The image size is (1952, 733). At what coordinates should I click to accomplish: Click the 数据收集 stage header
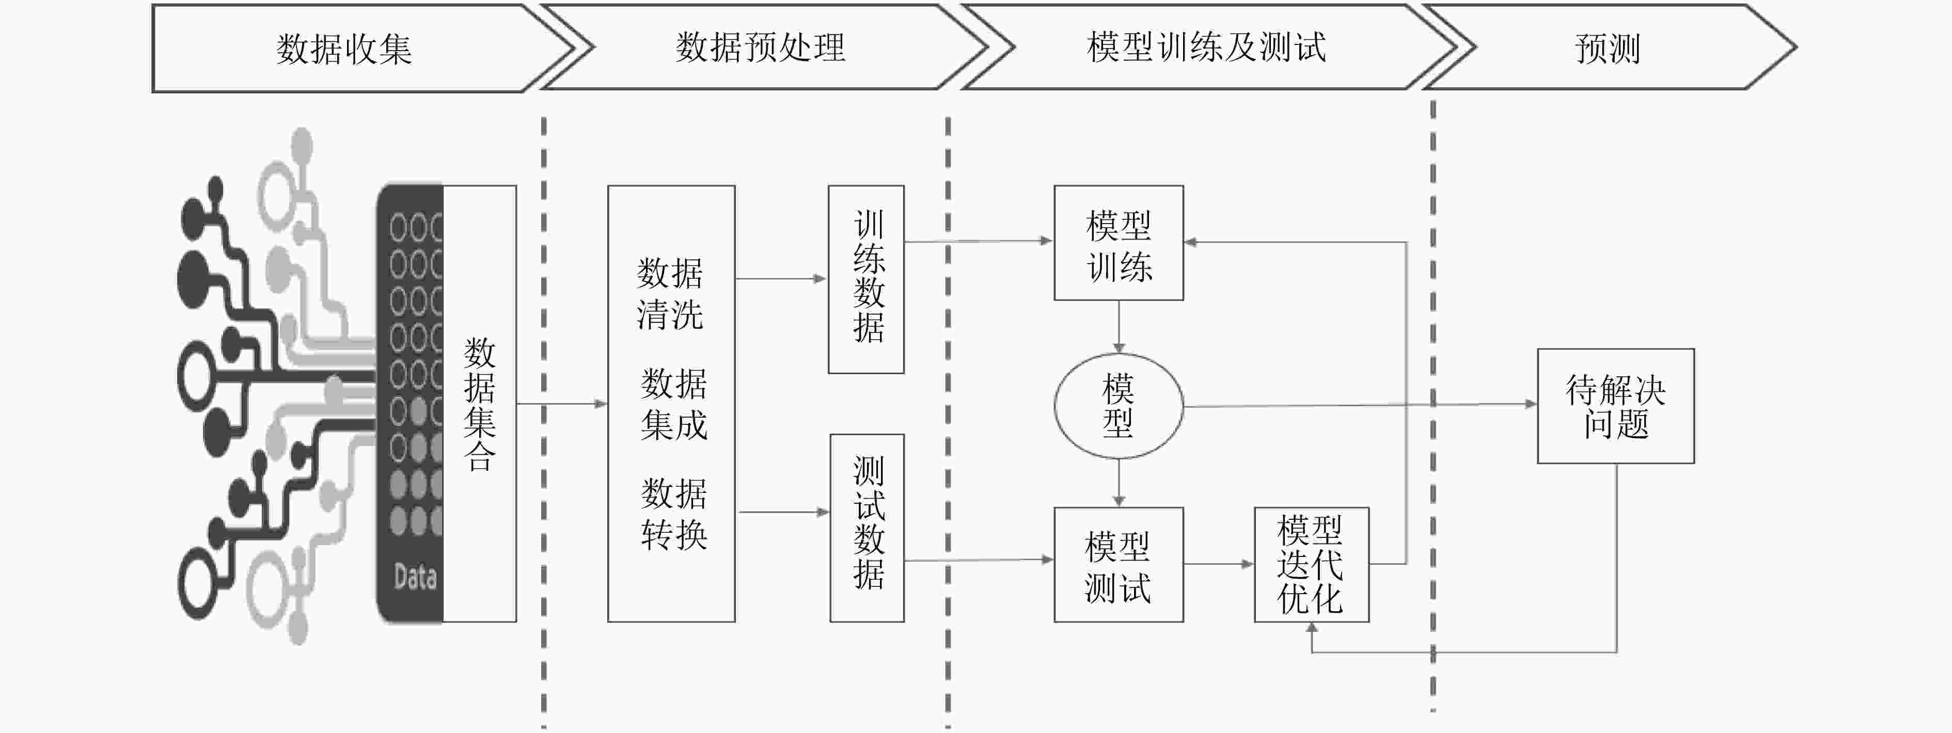(x=345, y=49)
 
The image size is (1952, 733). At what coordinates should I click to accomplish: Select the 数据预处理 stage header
(x=760, y=47)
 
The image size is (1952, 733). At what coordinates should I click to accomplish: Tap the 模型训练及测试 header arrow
(x=1206, y=47)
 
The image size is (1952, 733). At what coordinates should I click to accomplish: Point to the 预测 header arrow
(x=1607, y=49)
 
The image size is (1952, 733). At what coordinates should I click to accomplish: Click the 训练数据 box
(x=866, y=279)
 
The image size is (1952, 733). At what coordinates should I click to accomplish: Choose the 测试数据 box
(x=867, y=528)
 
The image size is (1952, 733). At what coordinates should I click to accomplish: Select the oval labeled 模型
(x=1119, y=406)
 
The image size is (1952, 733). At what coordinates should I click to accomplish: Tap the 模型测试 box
(x=1119, y=565)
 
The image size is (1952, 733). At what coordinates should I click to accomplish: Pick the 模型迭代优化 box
(x=1311, y=565)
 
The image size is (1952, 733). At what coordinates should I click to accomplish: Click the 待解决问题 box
(x=1615, y=406)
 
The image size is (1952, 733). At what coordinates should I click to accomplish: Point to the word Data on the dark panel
(x=415, y=577)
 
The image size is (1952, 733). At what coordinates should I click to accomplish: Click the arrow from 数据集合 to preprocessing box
(x=561, y=404)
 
